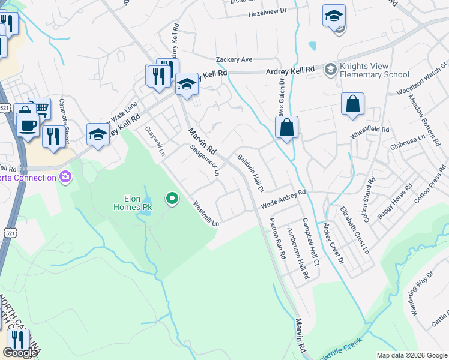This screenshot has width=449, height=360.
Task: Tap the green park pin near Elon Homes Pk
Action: point(172,198)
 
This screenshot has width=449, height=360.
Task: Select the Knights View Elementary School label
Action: point(374,70)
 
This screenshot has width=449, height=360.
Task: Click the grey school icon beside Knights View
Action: point(330,70)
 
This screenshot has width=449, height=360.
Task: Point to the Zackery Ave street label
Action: point(234,59)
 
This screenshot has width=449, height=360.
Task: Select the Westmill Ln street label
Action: point(206,214)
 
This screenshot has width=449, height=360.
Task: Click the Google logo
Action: point(20,353)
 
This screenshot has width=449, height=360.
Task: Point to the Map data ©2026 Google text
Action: point(411,355)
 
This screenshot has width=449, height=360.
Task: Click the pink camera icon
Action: point(65,177)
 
